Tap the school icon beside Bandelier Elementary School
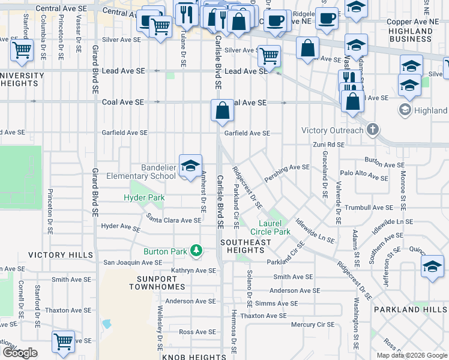(190, 166)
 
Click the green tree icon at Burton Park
(196, 250)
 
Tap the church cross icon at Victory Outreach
(372, 130)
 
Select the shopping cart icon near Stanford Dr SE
(22, 50)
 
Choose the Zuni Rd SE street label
(328, 145)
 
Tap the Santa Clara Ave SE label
(174, 220)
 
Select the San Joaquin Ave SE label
(133, 262)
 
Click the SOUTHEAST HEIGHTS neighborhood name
(246, 247)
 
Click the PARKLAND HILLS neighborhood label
(410, 310)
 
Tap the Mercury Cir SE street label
(312, 325)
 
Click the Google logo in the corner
(20, 353)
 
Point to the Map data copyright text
(412, 355)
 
